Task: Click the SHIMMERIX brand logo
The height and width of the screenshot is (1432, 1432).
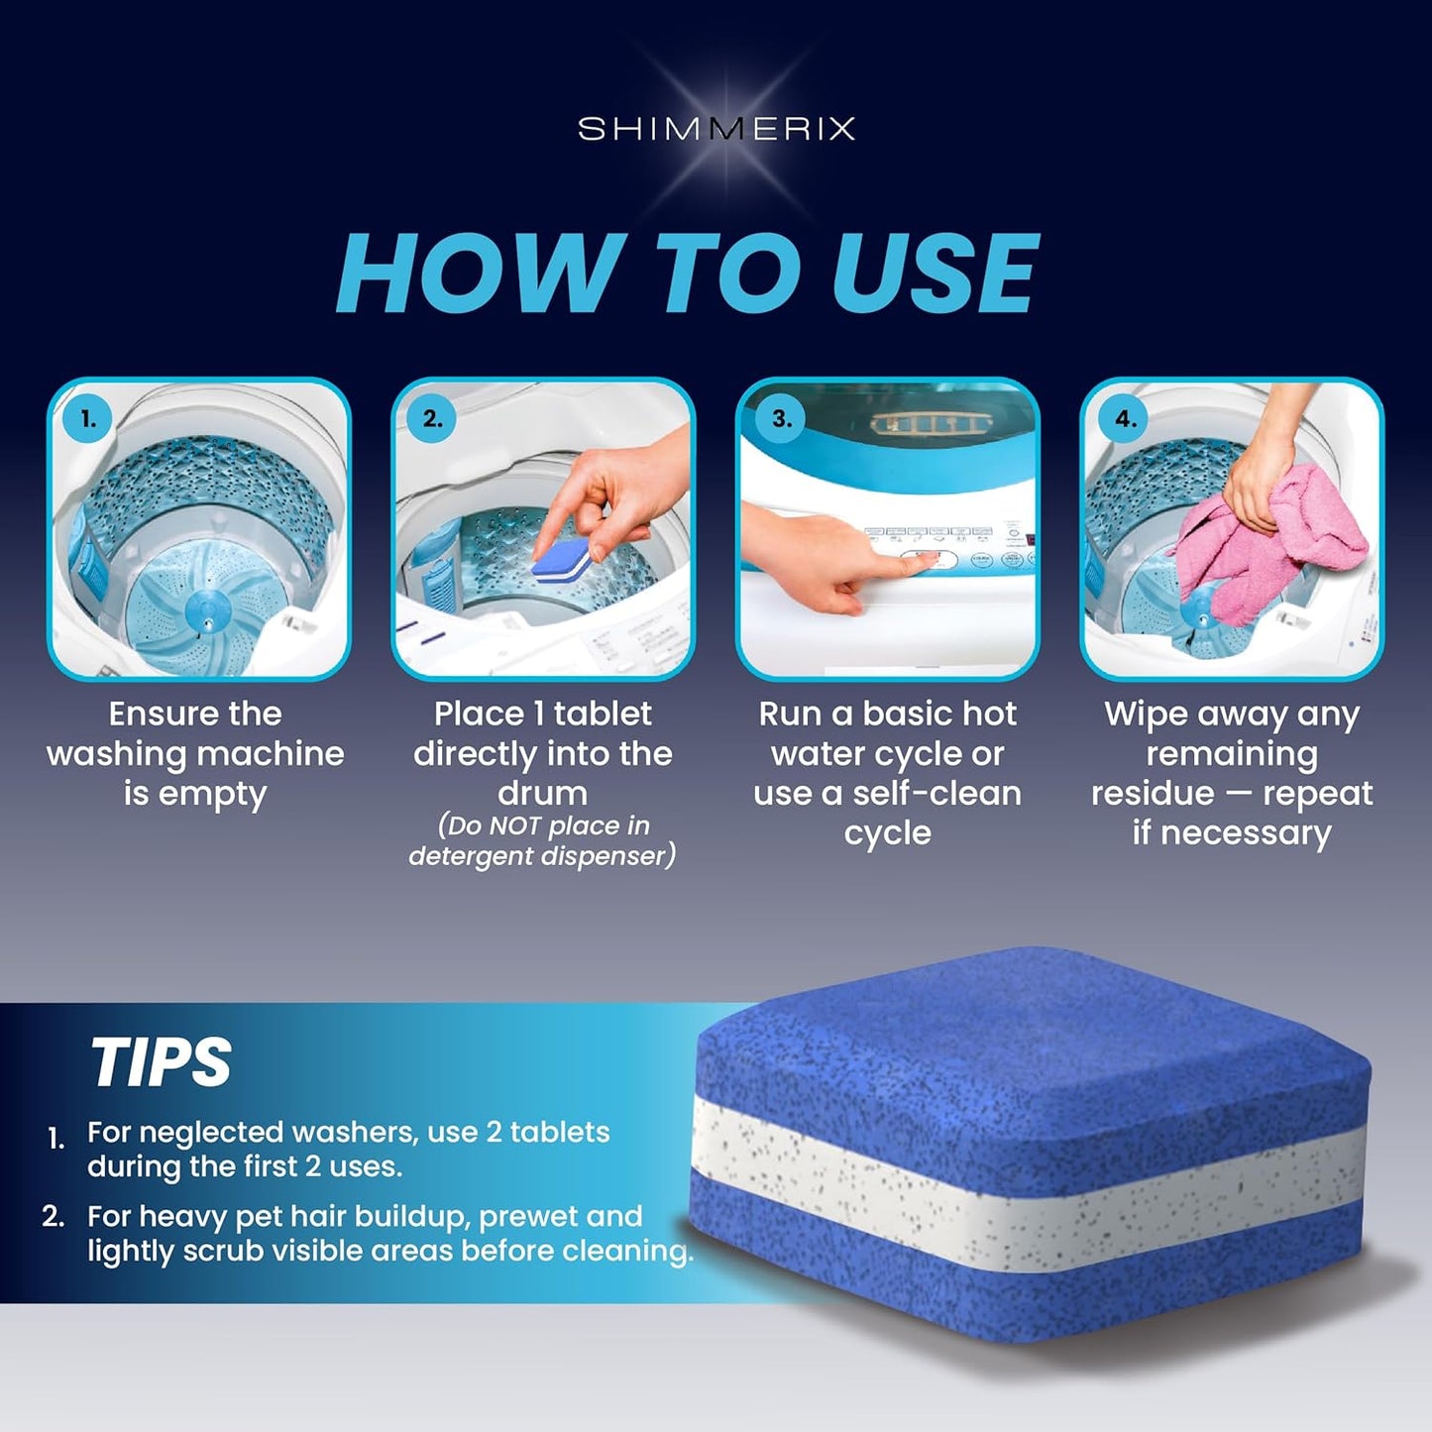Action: pos(716,129)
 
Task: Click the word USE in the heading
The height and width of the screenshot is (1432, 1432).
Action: pos(936,274)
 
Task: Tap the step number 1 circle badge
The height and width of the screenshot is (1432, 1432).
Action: pos(88,419)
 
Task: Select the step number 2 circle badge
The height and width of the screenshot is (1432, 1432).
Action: pos(432,419)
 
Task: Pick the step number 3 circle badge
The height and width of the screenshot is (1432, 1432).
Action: pos(781,419)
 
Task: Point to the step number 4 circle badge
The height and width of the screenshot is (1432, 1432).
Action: pos(1125,419)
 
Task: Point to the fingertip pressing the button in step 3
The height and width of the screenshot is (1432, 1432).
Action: pos(927,561)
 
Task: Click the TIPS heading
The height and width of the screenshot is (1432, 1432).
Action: pos(161,1062)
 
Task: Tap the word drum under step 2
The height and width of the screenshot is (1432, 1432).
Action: pos(542,794)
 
